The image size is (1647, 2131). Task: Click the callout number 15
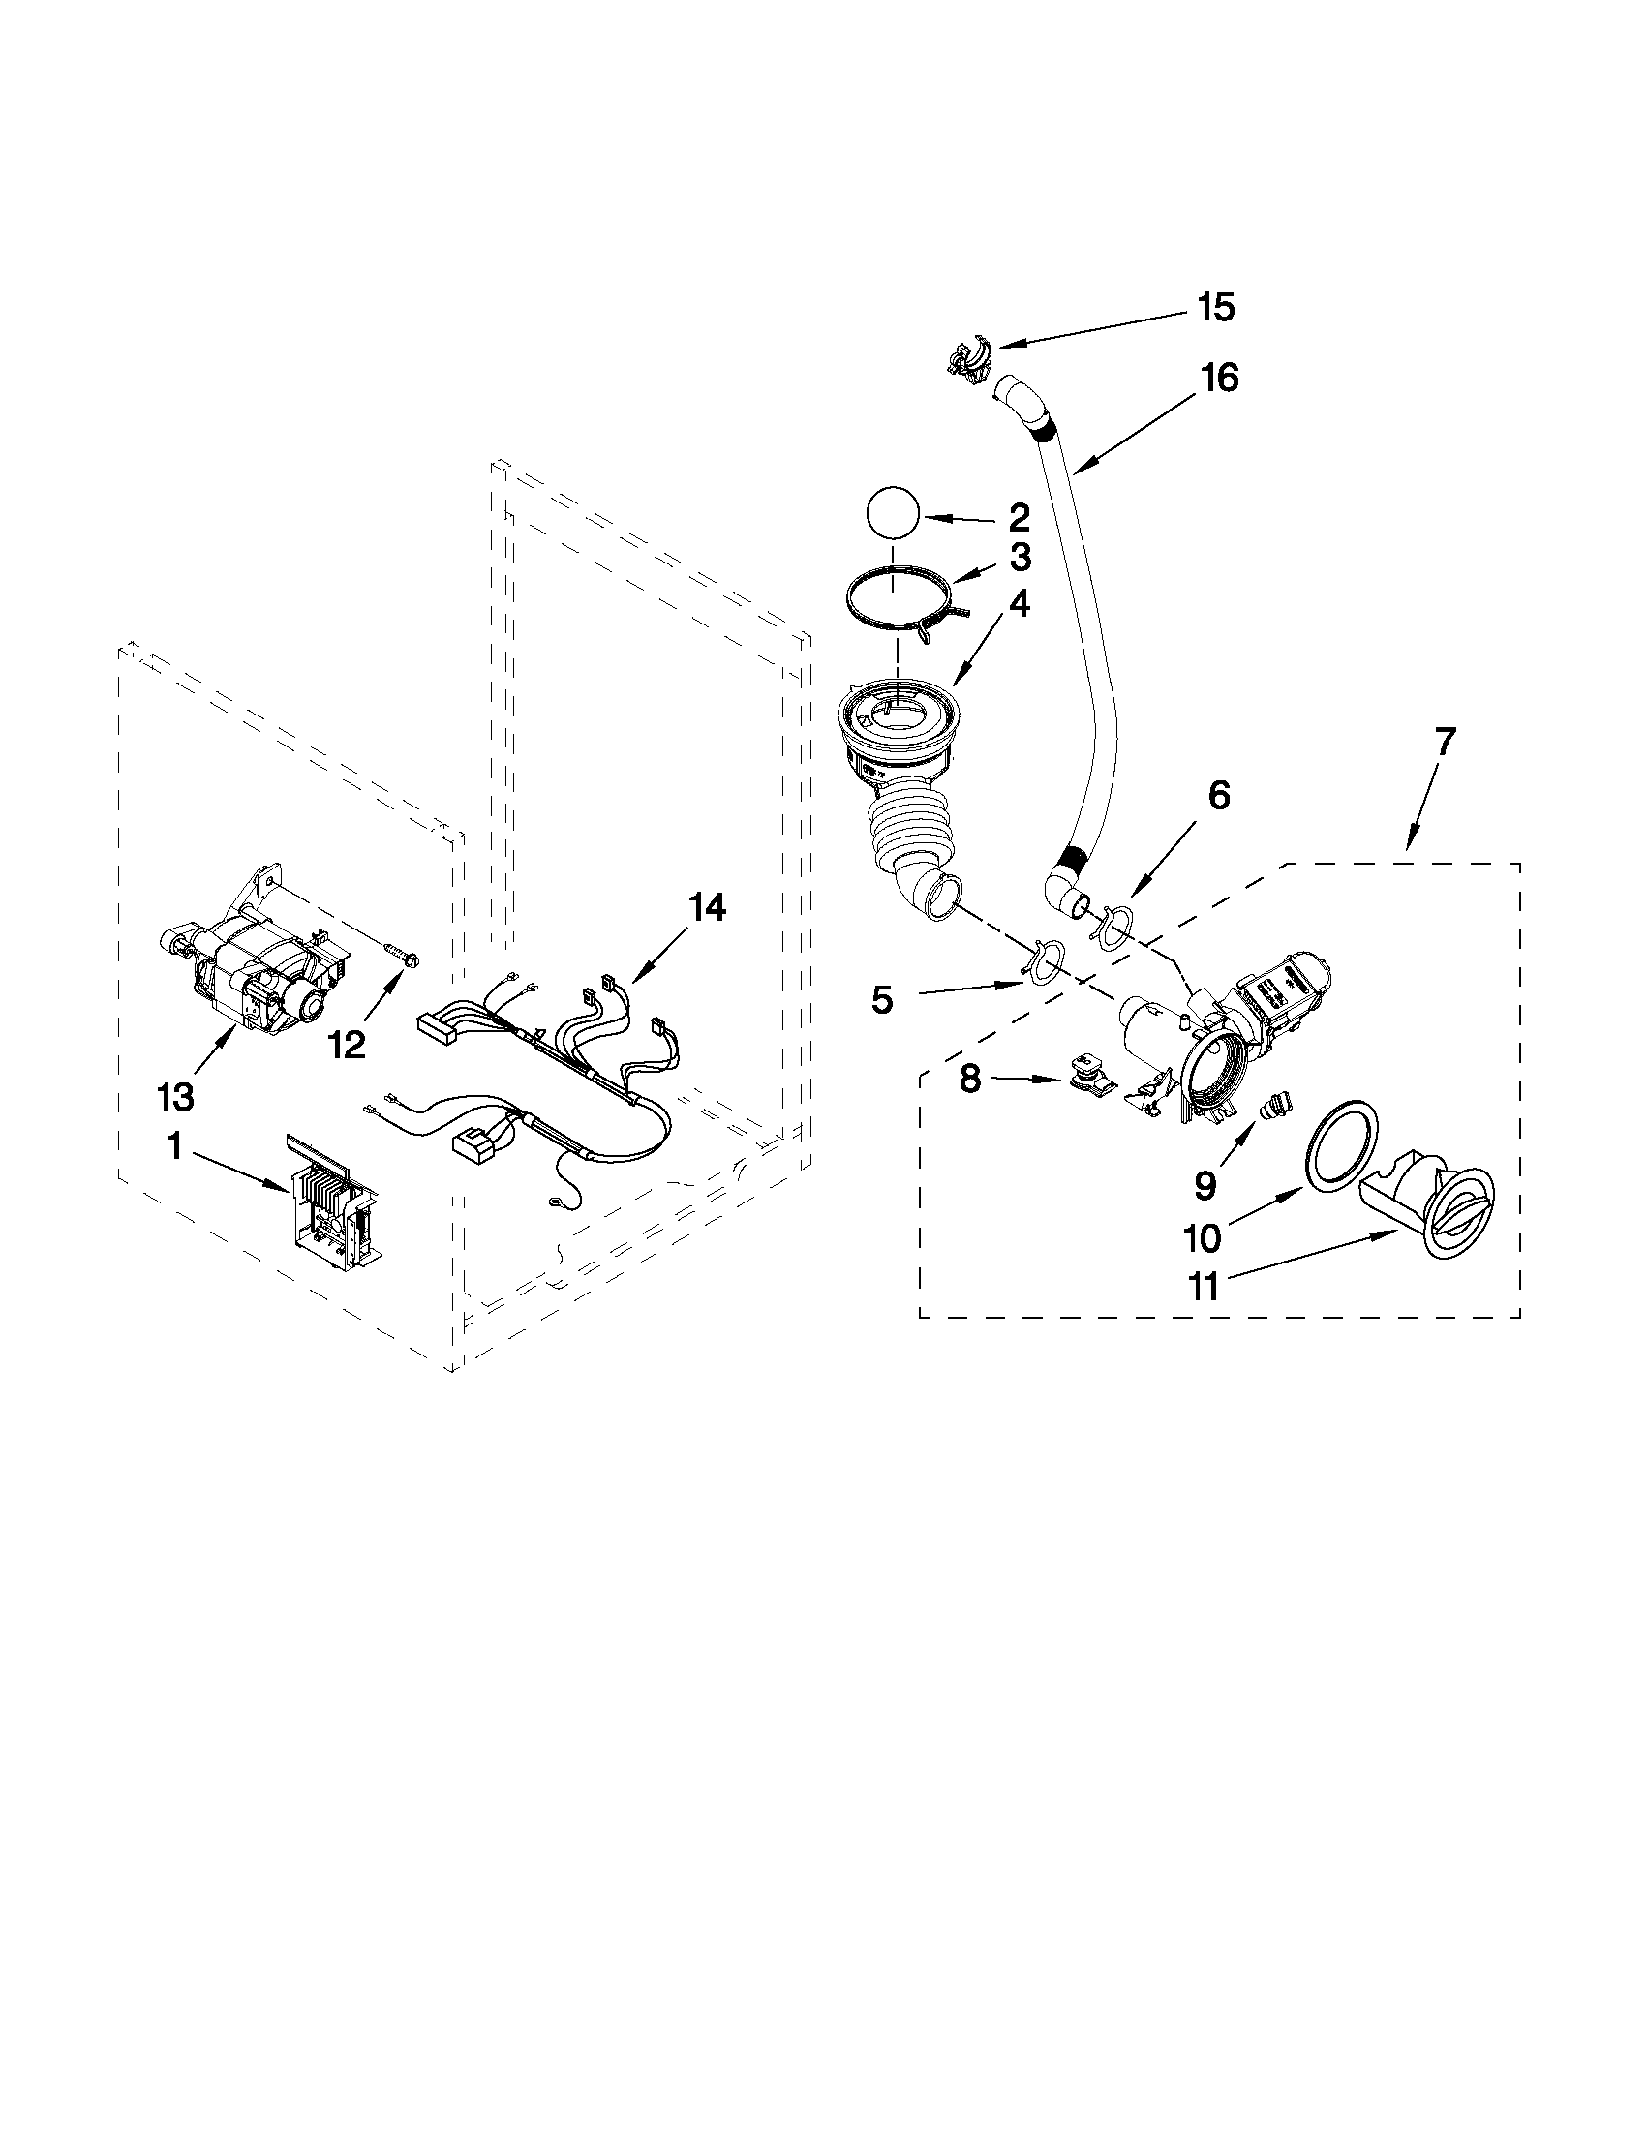pos(1216,307)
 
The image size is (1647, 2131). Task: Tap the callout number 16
pos(1219,378)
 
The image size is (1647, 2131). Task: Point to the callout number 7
pos(1444,742)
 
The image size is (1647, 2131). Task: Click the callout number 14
pos(708,908)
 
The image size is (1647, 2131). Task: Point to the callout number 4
pos(1017,605)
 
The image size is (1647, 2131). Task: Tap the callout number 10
pos(1202,1239)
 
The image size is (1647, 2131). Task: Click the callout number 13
pos(175,1097)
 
